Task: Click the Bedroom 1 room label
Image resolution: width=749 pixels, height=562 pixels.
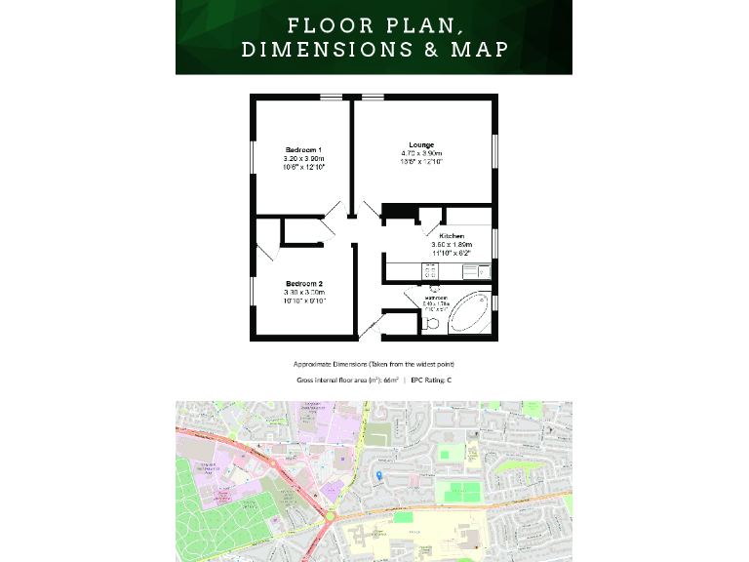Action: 303,148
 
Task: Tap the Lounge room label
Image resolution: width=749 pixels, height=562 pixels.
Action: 421,144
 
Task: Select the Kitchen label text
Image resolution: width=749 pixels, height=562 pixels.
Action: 451,236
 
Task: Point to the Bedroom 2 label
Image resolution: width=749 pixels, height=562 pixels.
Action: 303,283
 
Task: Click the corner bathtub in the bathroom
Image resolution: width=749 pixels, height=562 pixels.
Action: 470,311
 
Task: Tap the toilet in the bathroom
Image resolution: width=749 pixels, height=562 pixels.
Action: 432,322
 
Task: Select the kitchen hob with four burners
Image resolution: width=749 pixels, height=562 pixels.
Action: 429,270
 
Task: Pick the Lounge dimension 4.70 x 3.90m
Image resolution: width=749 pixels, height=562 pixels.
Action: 421,154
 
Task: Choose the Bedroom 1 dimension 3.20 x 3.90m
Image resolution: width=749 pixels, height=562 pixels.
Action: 303,158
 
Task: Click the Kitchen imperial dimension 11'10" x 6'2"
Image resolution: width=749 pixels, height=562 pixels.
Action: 452,254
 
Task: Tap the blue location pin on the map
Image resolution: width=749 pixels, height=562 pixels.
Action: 378,475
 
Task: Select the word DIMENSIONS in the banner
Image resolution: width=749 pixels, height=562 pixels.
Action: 328,50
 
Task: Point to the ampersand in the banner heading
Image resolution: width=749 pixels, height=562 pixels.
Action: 430,50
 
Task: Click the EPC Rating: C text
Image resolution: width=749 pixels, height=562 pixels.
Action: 430,379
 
